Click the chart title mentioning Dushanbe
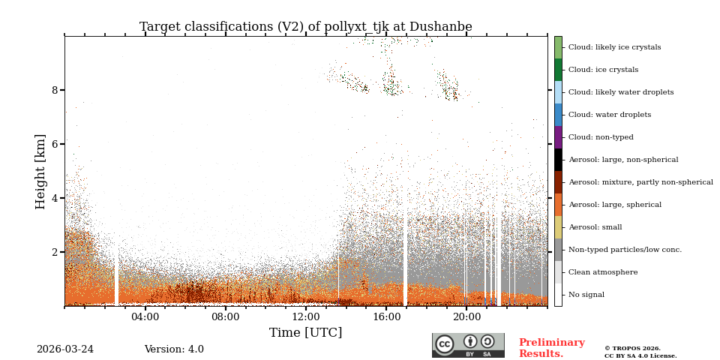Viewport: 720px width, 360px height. [x=305, y=27]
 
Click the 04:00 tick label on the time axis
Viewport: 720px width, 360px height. [x=145, y=317]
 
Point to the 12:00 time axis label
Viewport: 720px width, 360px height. [x=305, y=317]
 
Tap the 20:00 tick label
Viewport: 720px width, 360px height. [x=466, y=317]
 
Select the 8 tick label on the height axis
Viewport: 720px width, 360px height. [x=55, y=90]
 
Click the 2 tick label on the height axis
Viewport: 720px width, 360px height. [x=55, y=252]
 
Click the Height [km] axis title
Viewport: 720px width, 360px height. [x=40, y=171]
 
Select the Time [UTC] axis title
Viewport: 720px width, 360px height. [x=305, y=333]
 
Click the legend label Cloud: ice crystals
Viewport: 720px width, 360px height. [x=603, y=70]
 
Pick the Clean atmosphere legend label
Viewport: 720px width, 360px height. [x=603, y=272]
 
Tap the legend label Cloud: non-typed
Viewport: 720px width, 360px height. [x=601, y=137]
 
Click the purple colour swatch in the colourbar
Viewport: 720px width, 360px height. [x=558, y=137]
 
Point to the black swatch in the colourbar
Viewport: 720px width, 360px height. [x=558, y=160]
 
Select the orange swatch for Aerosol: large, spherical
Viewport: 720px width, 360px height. [x=558, y=205]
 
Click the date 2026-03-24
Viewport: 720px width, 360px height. [x=65, y=349]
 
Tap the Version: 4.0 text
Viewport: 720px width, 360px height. [x=174, y=349]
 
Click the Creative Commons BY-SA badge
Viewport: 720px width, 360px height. [x=468, y=345]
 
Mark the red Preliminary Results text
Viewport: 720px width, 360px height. [x=551, y=348]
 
